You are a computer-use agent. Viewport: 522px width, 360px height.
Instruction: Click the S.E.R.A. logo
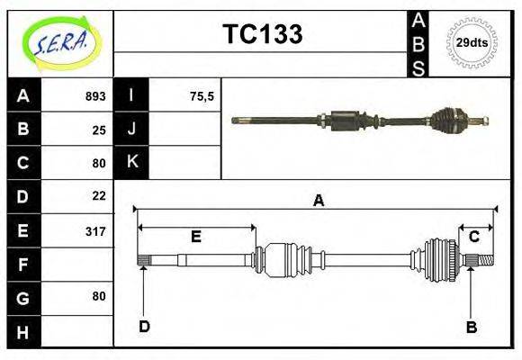pos(59,42)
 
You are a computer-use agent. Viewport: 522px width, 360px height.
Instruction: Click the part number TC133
pos(262,34)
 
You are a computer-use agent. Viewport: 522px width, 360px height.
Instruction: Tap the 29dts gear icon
pos(472,43)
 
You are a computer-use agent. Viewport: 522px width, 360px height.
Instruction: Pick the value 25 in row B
pos(99,130)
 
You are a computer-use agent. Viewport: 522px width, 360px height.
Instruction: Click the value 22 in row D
pos(99,195)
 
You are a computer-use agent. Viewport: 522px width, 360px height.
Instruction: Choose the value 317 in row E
pos(95,231)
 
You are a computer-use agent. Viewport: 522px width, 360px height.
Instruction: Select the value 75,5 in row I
pos(202,96)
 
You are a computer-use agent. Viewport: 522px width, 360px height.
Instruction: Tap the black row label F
pos(23,265)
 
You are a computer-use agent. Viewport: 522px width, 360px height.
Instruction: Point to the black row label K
pos(132,162)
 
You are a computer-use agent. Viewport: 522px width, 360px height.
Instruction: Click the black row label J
pos(132,129)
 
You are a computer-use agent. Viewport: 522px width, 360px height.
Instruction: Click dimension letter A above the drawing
pos(318,201)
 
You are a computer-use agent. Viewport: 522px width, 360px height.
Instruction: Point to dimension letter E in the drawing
pos(195,237)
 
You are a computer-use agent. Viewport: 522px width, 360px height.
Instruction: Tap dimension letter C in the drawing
pos(473,237)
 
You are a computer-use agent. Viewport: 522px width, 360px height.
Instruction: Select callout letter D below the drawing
pos(144,326)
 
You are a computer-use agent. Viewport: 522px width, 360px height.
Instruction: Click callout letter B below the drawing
pos(471,327)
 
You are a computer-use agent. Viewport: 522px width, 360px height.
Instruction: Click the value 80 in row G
pos(99,296)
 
